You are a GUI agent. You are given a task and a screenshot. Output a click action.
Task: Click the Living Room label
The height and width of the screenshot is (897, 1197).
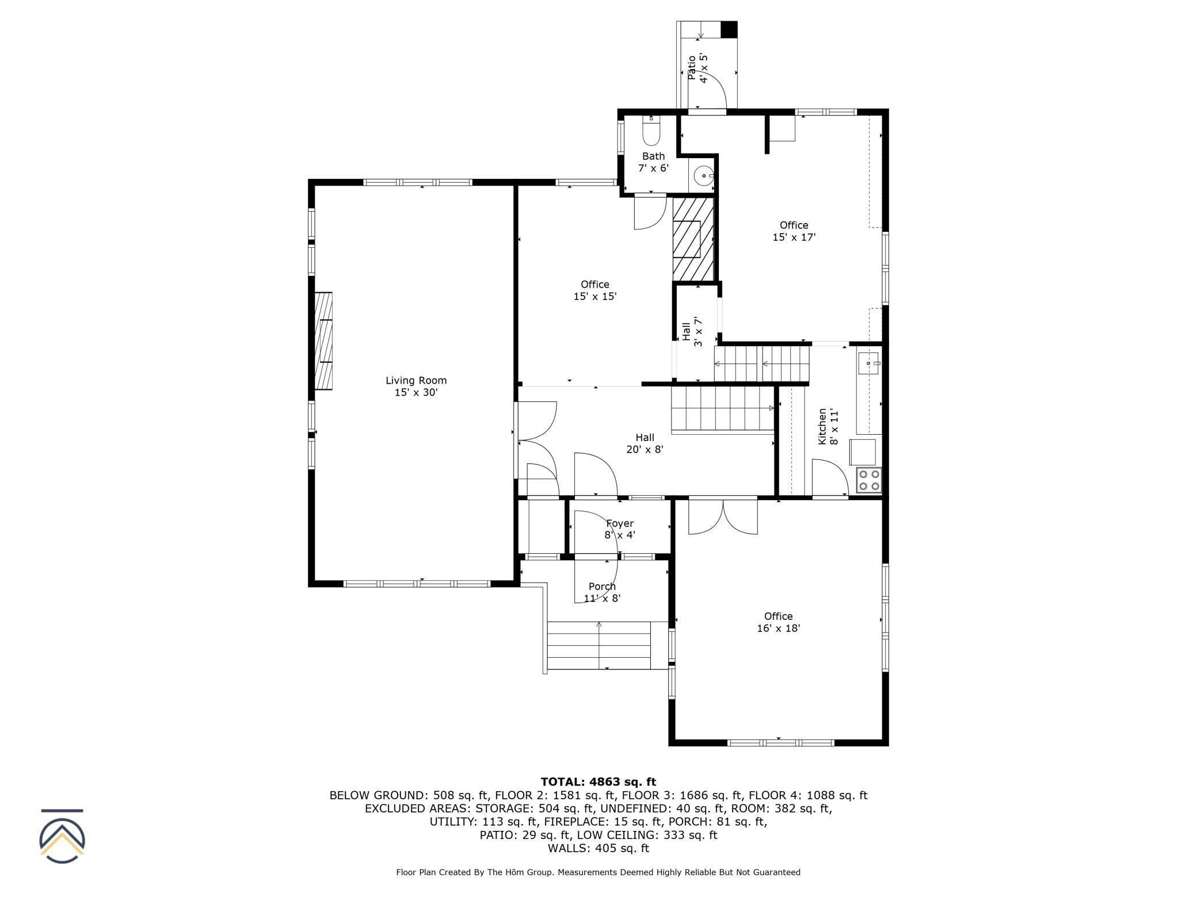416,386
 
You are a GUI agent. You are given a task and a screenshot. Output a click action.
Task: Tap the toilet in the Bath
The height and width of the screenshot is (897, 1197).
651,132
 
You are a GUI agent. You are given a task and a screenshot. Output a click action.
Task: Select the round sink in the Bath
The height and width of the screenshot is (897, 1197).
703,176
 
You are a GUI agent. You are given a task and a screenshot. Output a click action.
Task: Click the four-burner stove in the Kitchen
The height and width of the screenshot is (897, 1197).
868,480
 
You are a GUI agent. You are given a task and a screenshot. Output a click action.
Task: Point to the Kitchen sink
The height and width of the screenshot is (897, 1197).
868,363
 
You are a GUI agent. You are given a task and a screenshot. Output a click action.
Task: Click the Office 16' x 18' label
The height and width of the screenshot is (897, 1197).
779,622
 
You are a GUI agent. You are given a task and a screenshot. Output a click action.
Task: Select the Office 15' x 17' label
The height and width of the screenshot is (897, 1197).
794,231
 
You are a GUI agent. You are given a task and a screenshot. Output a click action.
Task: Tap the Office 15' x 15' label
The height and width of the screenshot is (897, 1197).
595,290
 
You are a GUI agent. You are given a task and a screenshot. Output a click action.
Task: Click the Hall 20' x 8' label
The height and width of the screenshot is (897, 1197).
645,443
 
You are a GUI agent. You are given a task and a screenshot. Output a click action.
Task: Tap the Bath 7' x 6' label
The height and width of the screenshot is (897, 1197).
654,162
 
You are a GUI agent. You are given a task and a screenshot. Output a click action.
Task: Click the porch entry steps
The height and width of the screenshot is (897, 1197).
599,645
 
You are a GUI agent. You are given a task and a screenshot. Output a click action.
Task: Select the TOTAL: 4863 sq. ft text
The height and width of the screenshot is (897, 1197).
598,781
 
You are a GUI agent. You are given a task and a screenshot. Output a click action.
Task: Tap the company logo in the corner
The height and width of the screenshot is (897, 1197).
62,836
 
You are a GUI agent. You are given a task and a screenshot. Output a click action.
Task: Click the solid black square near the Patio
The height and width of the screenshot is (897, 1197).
729,29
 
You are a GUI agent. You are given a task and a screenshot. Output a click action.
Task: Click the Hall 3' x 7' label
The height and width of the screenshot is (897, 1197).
692,331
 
